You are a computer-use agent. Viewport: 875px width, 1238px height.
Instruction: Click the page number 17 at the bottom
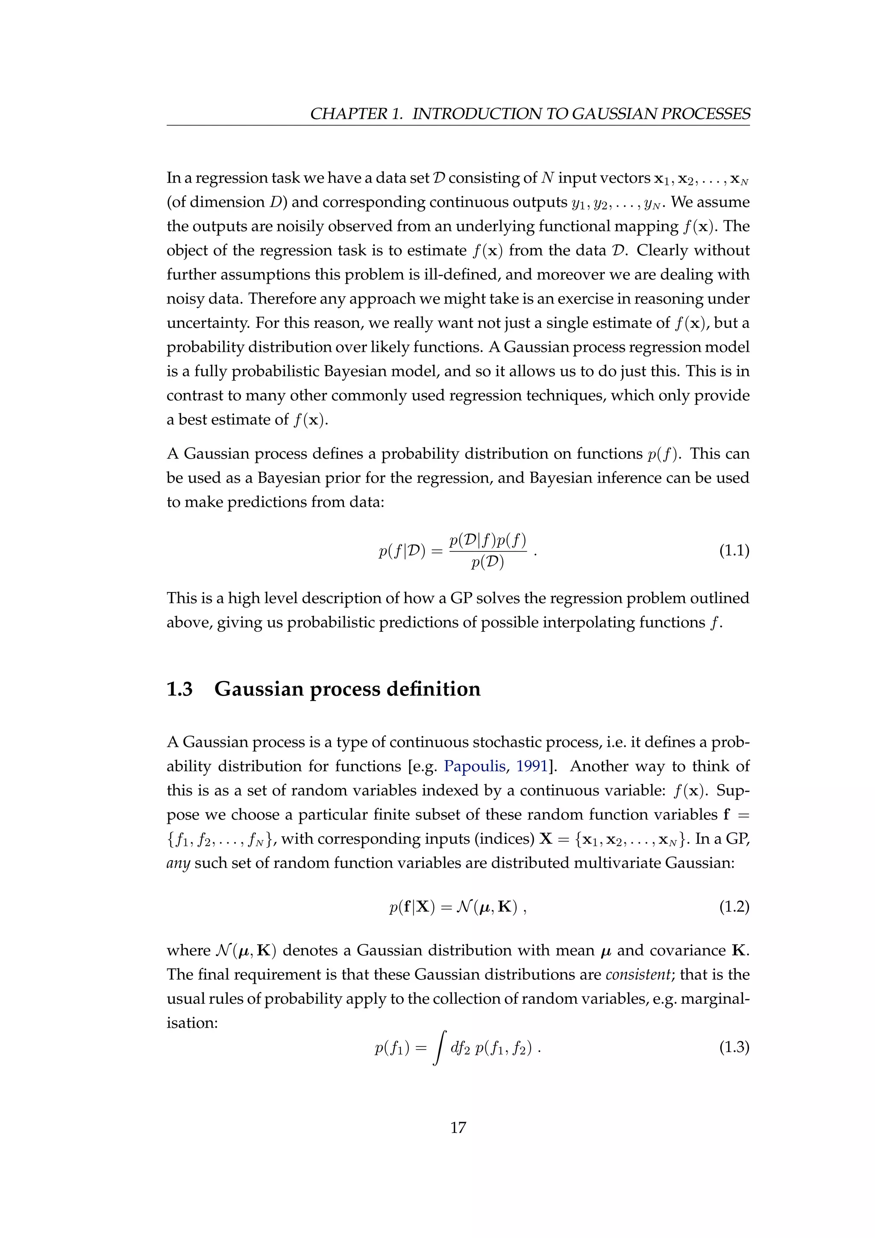pos(458,1127)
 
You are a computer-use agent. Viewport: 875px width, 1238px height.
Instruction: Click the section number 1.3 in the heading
pos(180,689)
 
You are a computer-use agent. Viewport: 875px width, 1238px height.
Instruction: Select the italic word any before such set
pos(178,863)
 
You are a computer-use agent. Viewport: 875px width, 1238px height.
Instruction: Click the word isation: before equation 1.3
pos(192,1022)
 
